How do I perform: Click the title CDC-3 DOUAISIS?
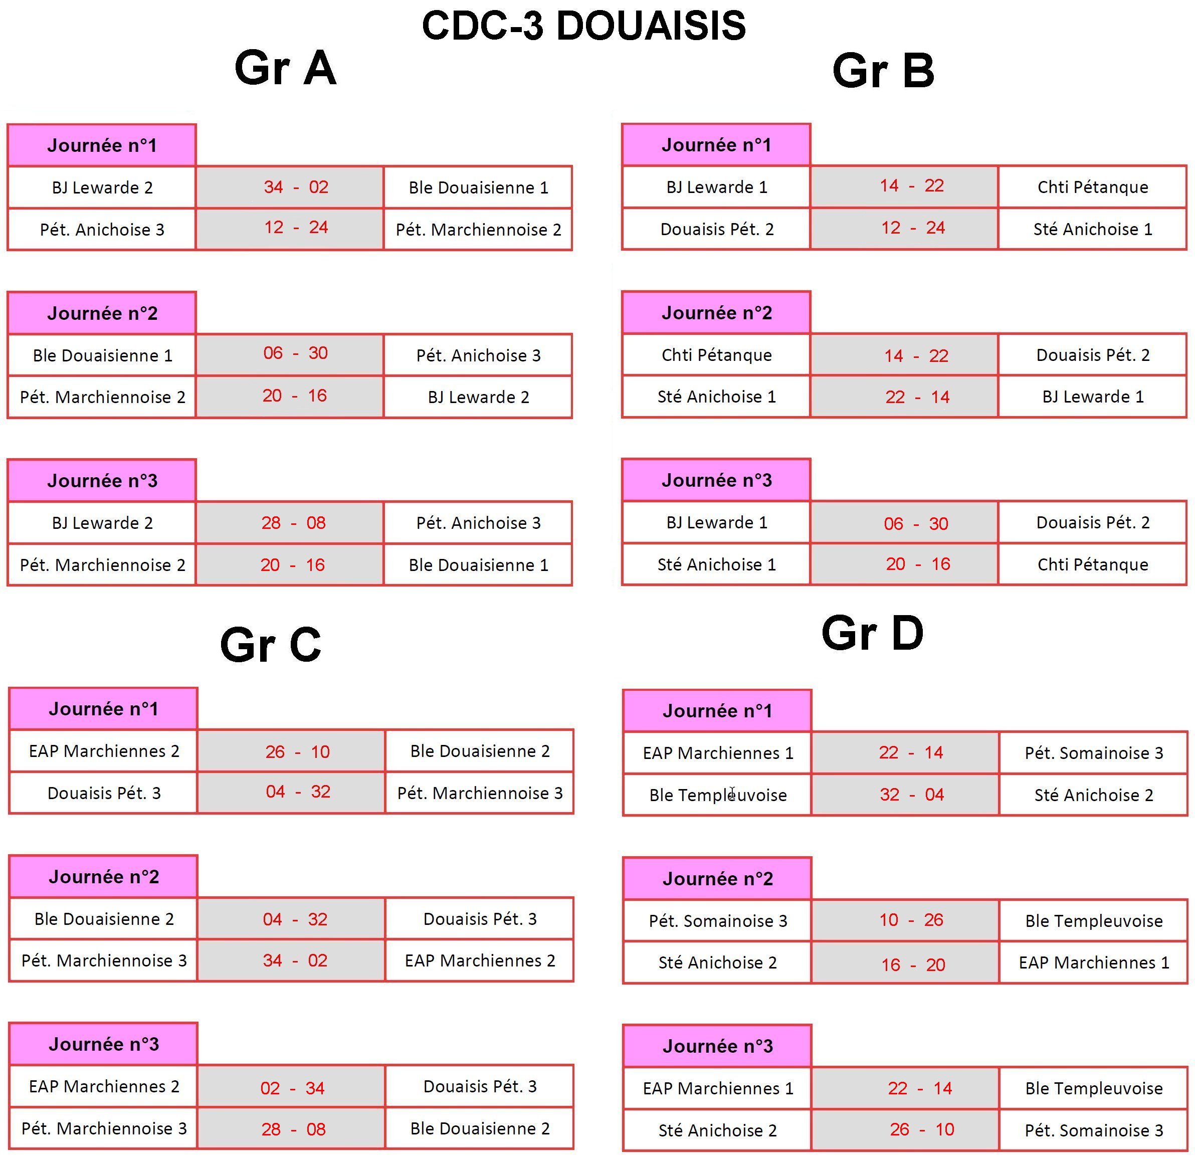(x=583, y=26)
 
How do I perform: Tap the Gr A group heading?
(x=285, y=68)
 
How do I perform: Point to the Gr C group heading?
(x=270, y=645)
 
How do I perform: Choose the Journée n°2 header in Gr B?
(x=716, y=313)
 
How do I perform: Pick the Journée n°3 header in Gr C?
(x=104, y=1044)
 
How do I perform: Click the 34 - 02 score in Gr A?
(x=296, y=186)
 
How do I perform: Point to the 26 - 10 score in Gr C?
(x=297, y=751)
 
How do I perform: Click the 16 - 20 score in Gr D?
(x=913, y=965)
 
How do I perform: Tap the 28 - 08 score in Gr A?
(x=293, y=523)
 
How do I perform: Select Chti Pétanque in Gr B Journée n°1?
(x=1093, y=187)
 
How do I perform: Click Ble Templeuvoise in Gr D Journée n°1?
(x=718, y=796)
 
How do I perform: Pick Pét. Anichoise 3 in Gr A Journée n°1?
(x=102, y=230)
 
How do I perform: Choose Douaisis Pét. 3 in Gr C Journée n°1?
(x=104, y=793)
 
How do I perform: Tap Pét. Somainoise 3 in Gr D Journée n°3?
(x=1094, y=1130)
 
